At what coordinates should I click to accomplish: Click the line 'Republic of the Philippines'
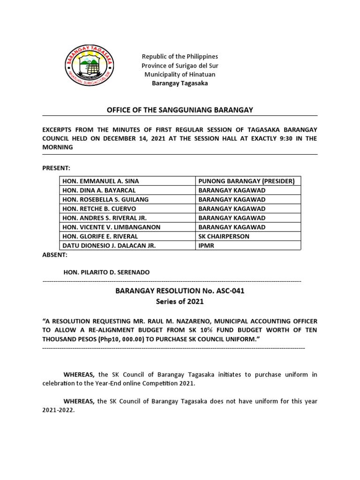(180, 56)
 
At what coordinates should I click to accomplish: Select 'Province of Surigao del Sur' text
(180, 65)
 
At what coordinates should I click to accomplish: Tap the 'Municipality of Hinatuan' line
(180, 74)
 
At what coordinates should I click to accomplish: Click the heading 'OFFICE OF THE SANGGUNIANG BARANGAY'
(180, 110)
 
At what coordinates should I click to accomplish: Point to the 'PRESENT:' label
(56, 167)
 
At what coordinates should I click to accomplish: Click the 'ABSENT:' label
(55, 255)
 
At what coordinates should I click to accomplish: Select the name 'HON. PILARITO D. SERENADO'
(107, 273)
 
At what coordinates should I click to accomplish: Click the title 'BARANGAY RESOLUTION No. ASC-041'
(180, 291)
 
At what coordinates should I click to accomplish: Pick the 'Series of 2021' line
(180, 302)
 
